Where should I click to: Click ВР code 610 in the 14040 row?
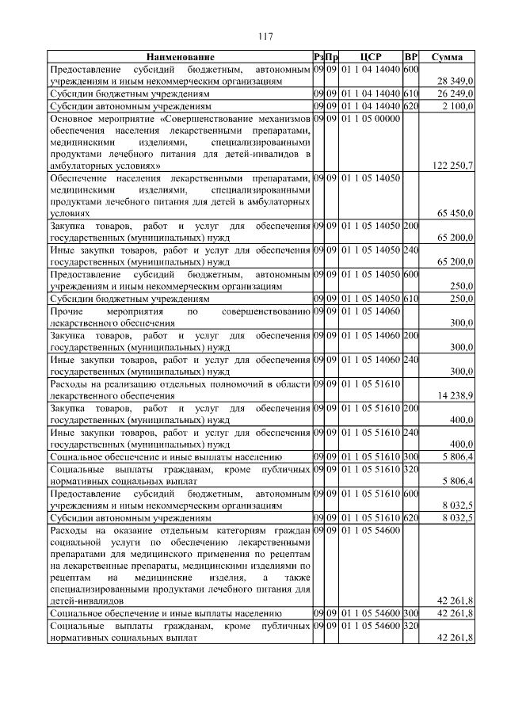coord(410,93)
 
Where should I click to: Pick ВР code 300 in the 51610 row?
coord(410,457)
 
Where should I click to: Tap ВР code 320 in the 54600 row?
coord(410,626)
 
